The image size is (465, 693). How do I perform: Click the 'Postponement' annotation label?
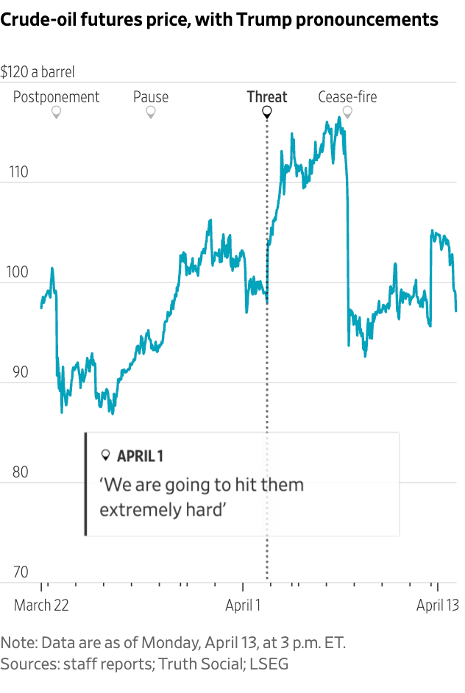click(56, 96)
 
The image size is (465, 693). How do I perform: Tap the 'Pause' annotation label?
click(151, 96)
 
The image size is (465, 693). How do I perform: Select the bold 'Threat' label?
click(267, 96)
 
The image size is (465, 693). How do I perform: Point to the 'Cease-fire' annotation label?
click(347, 96)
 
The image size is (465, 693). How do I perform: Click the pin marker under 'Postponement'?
click(56, 113)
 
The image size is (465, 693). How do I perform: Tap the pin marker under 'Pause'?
click(151, 113)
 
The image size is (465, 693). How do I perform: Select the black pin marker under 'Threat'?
click(267, 113)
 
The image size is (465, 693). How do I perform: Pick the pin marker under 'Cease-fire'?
click(347, 113)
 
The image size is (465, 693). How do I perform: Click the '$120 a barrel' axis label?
click(38, 72)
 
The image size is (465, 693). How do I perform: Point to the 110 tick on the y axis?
click(18, 173)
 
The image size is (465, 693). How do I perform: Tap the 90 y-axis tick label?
click(18, 372)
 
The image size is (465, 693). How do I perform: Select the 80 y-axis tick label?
click(18, 472)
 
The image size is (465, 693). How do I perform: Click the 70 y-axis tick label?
click(18, 572)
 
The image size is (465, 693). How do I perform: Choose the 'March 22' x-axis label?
click(42, 605)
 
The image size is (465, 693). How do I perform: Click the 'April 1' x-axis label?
click(243, 605)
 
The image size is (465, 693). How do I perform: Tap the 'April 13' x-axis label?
click(437, 605)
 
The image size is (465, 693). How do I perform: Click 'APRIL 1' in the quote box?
click(140, 456)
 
